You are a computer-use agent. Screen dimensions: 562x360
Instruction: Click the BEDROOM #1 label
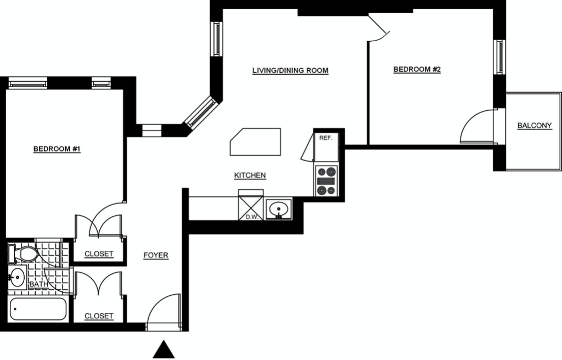click(57, 149)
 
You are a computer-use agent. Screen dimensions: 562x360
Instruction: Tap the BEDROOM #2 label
click(417, 69)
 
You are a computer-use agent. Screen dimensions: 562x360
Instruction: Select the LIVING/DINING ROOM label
click(290, 70)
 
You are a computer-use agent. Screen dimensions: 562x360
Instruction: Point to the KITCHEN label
click(250, 176)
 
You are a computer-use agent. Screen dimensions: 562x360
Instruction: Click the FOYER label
click(156, 255)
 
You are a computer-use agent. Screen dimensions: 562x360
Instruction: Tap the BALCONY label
click(535, 126)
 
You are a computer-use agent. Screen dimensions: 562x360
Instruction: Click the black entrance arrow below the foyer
click(164, 349)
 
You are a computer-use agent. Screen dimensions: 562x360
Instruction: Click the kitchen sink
click(279, 209)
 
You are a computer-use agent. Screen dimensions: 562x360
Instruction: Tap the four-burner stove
click(327, 181)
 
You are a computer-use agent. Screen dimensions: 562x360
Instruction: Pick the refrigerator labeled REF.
click(326, 147)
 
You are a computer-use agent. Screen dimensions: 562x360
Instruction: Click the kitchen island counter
click(255, 142)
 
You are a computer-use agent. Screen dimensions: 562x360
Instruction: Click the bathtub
click(38, 309)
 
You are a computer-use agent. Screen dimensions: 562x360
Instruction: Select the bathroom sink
click(17, 277)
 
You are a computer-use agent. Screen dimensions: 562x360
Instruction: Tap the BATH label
click(39, 284)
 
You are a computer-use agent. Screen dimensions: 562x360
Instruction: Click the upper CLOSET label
click(99, 254)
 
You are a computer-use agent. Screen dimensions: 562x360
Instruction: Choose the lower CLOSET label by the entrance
click(99, 316)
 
